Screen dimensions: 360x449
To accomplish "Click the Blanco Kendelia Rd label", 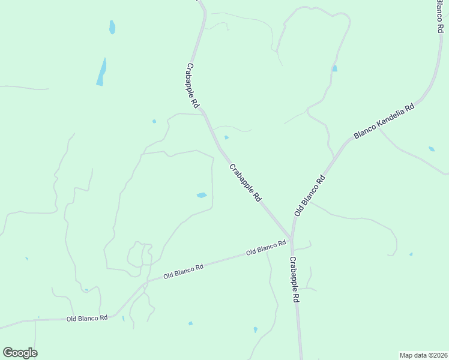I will (384, 121).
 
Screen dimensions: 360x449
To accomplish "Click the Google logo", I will (20, 353).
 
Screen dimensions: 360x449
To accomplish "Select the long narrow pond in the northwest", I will (101, 72).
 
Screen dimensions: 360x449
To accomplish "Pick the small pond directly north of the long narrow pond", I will (112, 27).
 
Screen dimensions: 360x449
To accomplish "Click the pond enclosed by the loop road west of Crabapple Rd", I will (202, 195).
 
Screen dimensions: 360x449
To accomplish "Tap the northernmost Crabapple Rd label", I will (193, 86).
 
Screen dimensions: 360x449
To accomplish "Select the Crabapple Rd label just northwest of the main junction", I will (246, 181).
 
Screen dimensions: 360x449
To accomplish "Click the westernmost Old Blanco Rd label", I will (87, 318).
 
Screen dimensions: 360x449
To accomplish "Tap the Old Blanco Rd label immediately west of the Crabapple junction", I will (266, 248).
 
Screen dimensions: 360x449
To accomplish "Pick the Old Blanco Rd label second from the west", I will (184, 272).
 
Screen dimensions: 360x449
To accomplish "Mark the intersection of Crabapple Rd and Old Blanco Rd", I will (291, 238).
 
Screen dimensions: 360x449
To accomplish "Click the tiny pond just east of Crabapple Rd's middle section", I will (226, 137).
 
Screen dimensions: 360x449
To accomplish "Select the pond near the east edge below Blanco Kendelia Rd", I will (432, 149).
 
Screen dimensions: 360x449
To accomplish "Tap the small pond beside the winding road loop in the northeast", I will (334, 68).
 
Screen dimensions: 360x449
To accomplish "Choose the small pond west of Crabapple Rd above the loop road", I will (154, 121).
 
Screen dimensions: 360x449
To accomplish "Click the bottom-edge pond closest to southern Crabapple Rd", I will (255, 329).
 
